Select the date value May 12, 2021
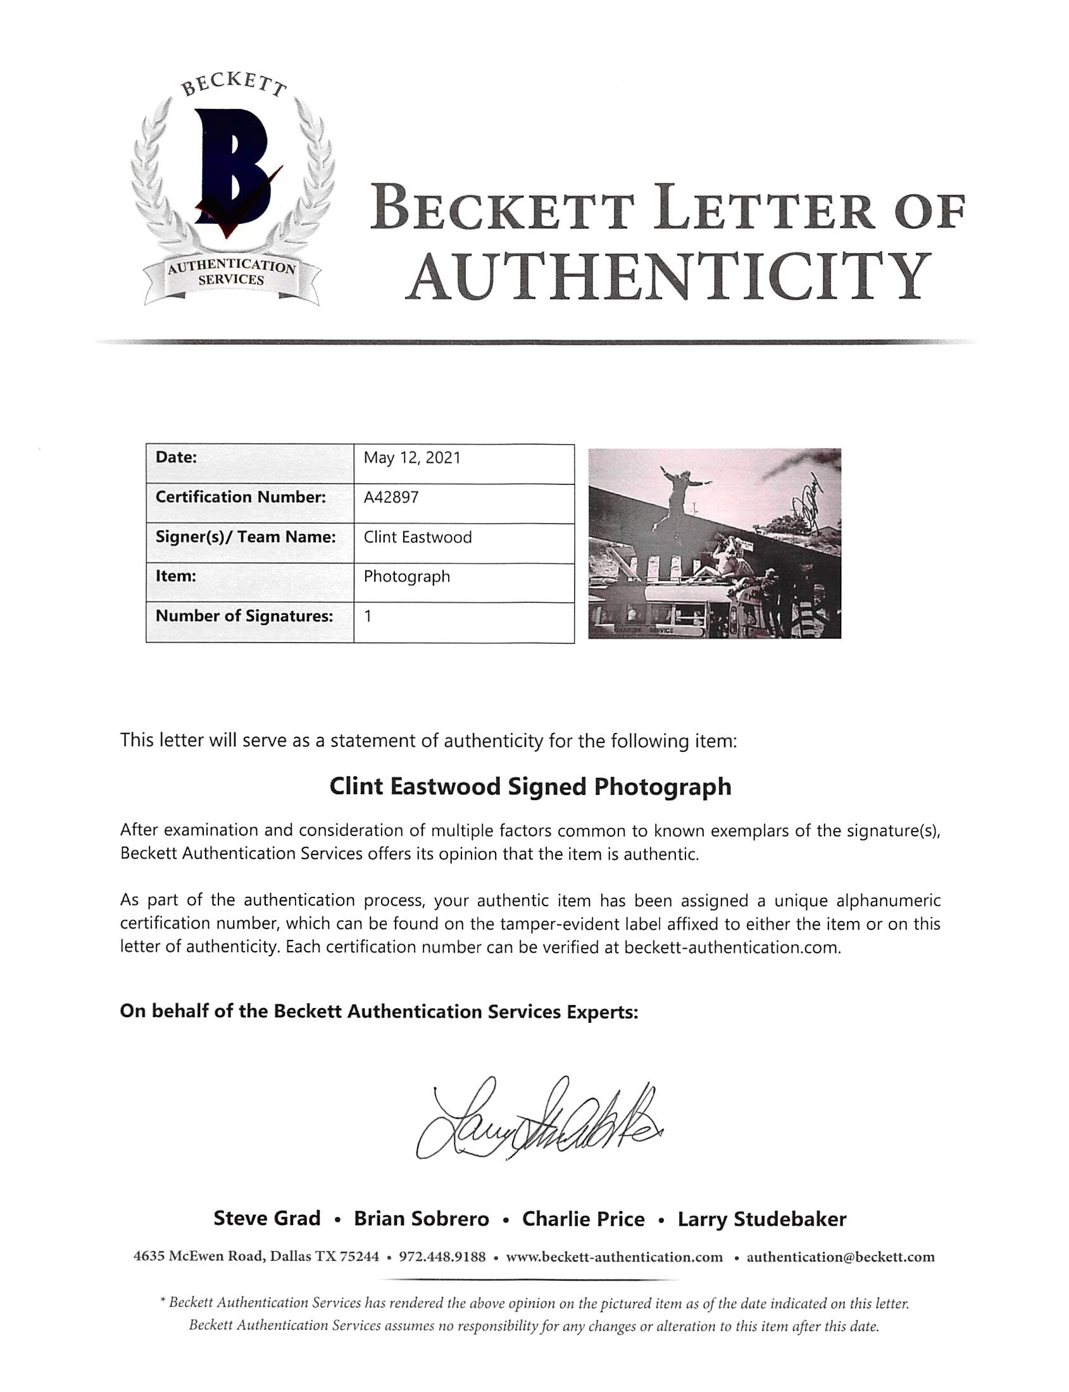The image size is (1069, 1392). point(411,458)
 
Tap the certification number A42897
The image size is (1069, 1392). point(391,497)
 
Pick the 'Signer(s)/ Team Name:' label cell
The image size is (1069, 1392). point(246,538)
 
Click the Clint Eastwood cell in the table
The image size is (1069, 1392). point(418,538)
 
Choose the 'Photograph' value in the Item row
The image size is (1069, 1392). point(406,577)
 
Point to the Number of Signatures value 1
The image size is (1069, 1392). point(368,616)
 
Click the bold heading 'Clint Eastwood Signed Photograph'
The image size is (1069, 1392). point(530,787)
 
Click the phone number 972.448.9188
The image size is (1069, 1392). point(442,1257)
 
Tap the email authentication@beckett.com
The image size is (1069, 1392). point(840,1257)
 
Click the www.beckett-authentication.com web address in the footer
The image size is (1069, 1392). point(614,1257)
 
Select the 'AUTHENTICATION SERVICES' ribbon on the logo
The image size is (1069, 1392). point(232,273)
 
